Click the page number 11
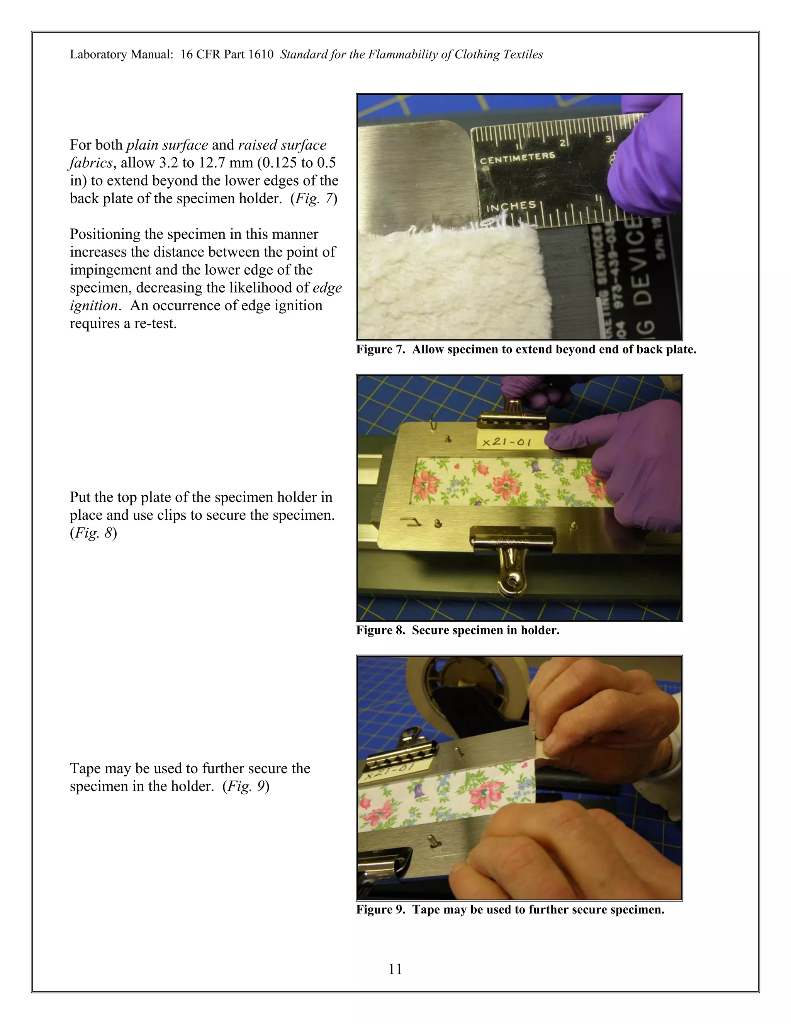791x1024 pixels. (395, 969)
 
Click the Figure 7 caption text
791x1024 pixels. (526, 349)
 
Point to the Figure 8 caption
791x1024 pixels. (457, 630)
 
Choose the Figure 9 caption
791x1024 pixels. (510, 910)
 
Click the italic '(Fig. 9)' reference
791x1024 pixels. (246, 786)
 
